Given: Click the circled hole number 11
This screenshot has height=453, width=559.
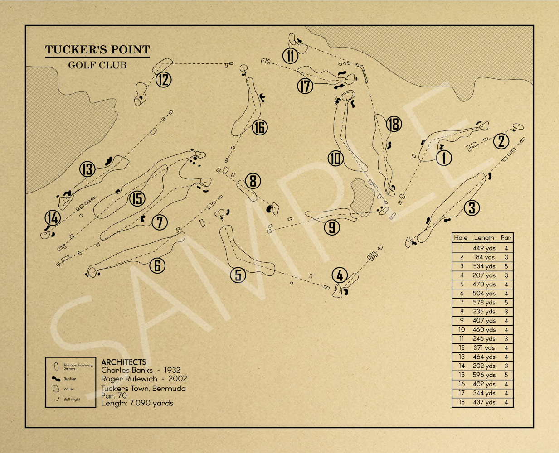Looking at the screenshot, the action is point(290,56).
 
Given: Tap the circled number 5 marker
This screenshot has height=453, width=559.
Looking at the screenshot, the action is point(238,275).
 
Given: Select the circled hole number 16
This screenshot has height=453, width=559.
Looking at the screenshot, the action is point(260,127).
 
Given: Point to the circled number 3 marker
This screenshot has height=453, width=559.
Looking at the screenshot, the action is point(472,208).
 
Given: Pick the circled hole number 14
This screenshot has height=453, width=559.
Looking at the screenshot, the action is point(53,218).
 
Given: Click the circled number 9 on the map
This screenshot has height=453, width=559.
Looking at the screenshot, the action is point(332,227).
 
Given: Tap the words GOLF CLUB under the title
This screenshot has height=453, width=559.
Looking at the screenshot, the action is point(97,65).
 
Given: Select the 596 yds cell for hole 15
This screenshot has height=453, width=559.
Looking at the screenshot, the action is point(484,375).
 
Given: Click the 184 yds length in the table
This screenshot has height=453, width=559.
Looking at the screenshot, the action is point(484,257).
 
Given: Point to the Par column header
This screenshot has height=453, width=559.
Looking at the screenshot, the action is point(506,238).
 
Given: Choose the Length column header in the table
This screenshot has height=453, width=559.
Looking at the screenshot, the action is point(484,238).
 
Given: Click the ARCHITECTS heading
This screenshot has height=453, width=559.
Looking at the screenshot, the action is point(124,362).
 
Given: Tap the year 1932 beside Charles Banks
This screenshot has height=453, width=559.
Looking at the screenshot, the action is point(172,370).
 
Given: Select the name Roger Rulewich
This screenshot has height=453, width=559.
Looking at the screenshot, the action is point(129,379).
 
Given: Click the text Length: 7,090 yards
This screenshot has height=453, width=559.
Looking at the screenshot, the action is point(137,403).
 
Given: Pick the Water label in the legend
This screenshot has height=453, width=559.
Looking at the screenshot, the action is point(69,389).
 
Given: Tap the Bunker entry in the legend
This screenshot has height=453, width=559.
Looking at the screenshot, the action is point(70,379).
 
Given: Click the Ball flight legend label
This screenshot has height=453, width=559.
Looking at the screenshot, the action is point(72,400).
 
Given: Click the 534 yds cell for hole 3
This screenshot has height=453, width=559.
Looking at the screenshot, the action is point(484,266).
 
